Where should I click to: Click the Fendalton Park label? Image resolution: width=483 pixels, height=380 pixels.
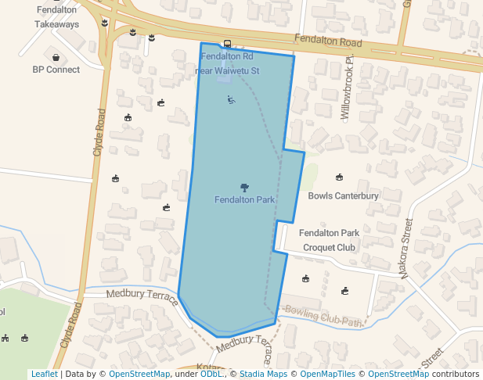pos(244,200)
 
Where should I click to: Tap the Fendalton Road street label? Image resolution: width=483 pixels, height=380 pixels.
pos(329,41)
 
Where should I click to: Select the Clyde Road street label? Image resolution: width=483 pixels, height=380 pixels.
pos(99,131)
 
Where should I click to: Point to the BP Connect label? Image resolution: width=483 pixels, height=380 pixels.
pos(56,70)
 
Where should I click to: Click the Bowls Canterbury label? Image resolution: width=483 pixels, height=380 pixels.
pos(343,195)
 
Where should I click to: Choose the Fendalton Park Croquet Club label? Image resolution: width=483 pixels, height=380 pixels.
pos(329,240)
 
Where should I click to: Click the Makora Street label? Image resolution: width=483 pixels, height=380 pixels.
pos(406,248)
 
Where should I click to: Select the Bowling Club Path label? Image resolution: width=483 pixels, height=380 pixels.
pos(324,316)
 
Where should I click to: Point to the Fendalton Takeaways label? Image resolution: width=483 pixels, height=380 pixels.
pos(56,17)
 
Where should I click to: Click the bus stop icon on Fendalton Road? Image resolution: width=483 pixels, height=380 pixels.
pos(227,44)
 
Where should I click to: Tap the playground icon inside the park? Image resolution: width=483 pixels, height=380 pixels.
pos(231,99)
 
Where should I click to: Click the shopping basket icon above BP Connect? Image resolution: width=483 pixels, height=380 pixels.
pos(56,56)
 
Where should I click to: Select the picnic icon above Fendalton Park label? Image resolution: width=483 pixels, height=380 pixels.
pos(244,187)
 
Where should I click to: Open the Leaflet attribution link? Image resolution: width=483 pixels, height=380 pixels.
pos(44,374)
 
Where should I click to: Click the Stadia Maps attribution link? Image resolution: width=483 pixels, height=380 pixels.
pos(263,374)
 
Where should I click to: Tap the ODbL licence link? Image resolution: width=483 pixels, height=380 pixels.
pos(211,374)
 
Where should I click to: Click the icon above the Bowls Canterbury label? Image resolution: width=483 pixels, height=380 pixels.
pos(339,177)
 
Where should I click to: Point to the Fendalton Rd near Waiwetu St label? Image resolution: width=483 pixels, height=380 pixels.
pos(226,63)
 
